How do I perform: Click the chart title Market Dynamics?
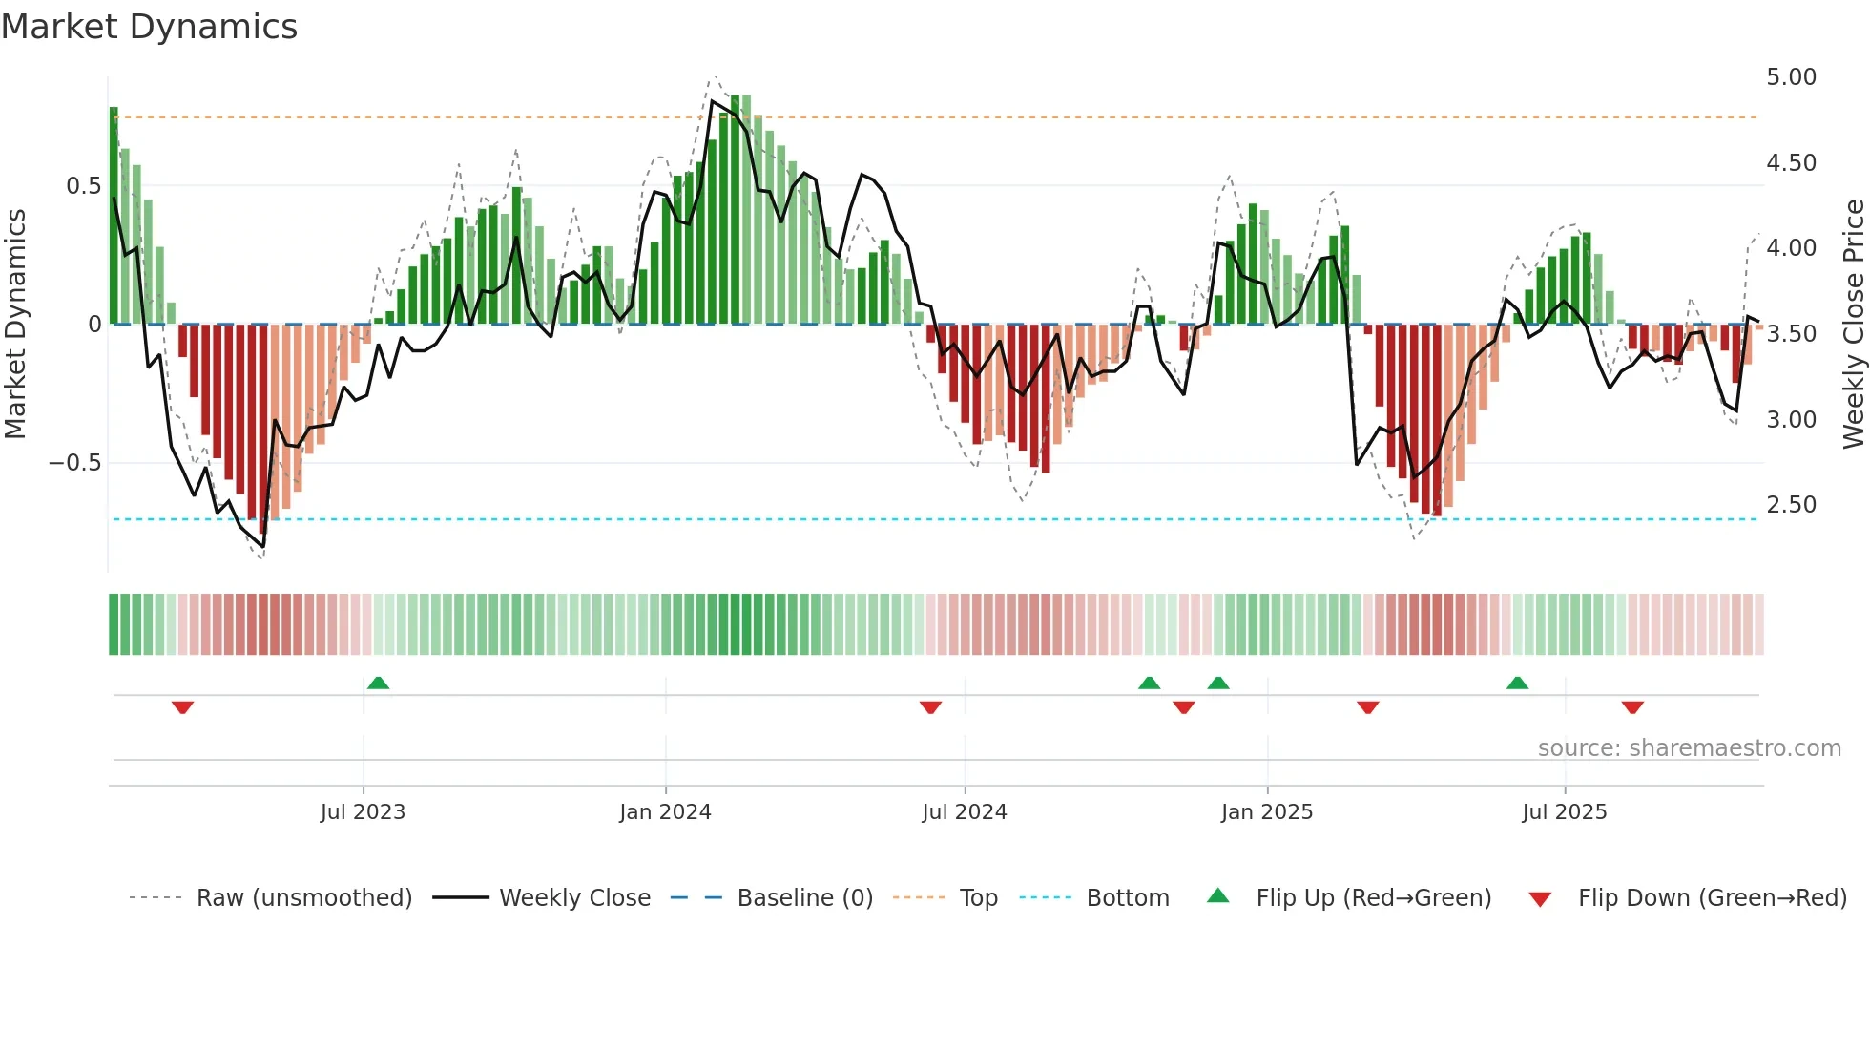pyautogui.click(x=150, y=27)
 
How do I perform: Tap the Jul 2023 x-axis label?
pyautogui.click(x=363, y=812)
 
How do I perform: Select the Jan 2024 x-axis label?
pyautogui.click(x=665, y=812)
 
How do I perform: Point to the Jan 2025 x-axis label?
pyautogui.click(x=1267, y=812)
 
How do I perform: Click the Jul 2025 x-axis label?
pyautogui.click(x=1565, y=812)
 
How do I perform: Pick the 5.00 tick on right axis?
pyautogui.click(x=1791, y=77)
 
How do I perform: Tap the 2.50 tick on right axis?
pyautogui.click(x=1791, y=505)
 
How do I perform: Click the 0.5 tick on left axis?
pyautogui.click(x=83, y=186)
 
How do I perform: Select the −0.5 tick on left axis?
pyautogui.click(x=75, y=463)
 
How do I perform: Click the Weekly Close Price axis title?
pyautogui.click(x=1853, y=325)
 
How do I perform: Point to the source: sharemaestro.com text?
pyautogui.click(x=1689, y=748)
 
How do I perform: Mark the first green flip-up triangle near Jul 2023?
pyautogui.click(x=379, y=683)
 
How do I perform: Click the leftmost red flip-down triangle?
pyautogui.click(x=182, y=707)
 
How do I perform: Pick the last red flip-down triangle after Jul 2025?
pyautogui.click(x=1632, y=707)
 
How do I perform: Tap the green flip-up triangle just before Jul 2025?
pyautogui.click(x=1517, y=683)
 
